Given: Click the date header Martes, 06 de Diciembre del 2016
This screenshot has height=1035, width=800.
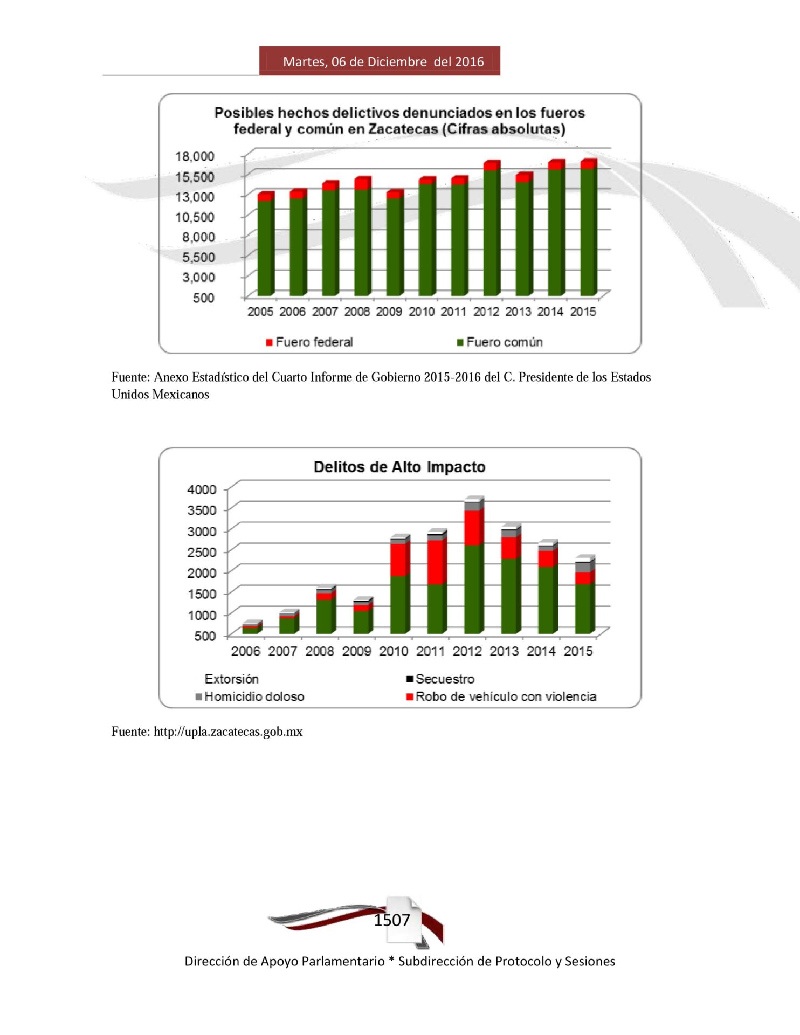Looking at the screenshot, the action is coord(383,61).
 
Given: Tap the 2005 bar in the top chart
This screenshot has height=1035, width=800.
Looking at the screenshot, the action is coord(266,244).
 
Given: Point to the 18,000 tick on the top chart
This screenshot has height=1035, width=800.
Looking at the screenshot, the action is coord(195,156).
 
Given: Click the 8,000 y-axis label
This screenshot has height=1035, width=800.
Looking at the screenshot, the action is coord(198,237).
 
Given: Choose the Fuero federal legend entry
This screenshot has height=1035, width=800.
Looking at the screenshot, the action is coord(309,342).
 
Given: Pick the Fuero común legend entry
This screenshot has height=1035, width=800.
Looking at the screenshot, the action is coord(500,342).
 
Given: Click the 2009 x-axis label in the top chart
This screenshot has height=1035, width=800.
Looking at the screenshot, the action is coord(389,312).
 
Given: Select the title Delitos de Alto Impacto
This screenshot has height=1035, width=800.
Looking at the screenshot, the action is coord(399,467).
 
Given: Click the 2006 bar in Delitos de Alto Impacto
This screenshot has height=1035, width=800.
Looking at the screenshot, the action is coord(252,627).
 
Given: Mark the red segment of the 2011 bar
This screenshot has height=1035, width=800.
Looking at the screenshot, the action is coord(437,562).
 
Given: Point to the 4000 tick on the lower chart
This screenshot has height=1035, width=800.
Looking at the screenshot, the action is coord(202,489).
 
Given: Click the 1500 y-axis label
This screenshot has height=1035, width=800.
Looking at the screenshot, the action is coord(202,594).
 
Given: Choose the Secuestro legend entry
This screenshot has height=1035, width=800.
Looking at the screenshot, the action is coord(440,679).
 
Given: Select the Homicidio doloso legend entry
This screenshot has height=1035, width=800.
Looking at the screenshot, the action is coord(250,697).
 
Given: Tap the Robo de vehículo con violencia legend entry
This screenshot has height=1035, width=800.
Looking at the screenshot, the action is coord(501,697).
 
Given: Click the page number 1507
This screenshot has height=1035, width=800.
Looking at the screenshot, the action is coord(392,920).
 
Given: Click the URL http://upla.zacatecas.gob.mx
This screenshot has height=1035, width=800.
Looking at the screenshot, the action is coord(228,732).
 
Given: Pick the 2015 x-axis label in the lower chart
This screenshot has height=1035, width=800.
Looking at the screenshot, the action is coord(578,651).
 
